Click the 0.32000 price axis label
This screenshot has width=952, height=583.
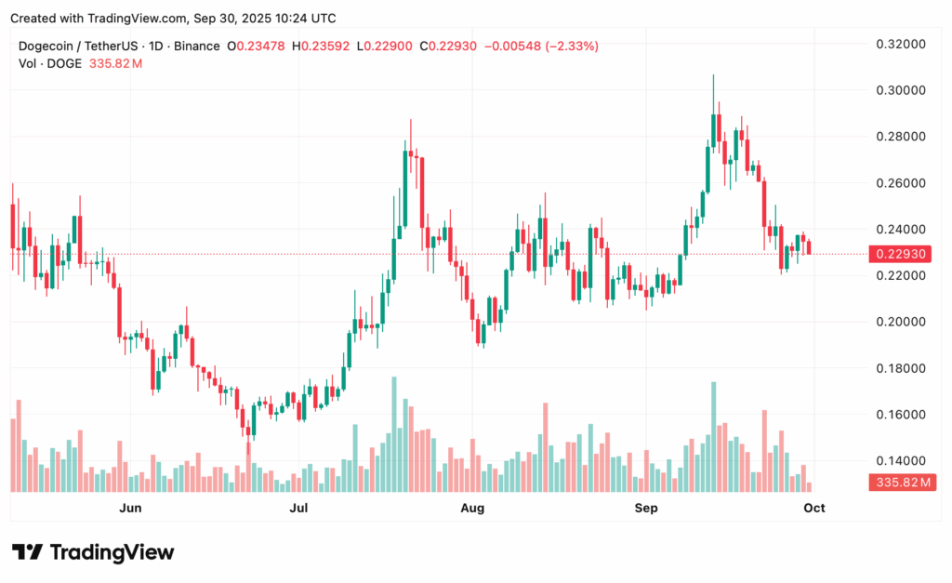tap(898, 44)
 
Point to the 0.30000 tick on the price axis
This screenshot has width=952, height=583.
tap(898, 90)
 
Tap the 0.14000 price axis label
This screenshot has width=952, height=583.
tap(898, 460)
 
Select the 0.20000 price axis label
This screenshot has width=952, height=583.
tap(898, 322)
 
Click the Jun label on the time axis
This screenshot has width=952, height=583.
tap(131, 508)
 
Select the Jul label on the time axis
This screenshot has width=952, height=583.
tap(299, 508)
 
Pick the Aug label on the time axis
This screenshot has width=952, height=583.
tap(473, 508)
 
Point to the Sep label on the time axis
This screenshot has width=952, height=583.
tap(646, 508)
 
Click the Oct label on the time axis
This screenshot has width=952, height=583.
tap(814, 508)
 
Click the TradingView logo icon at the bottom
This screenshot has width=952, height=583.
tap(27, 552)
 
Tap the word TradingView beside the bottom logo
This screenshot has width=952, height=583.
tap(111, 552)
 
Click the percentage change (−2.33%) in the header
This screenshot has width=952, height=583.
tap(573, 46)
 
